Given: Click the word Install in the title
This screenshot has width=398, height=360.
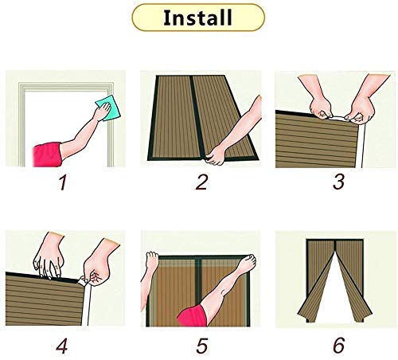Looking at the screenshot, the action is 197,18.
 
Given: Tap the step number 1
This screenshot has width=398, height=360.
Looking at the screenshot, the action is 63,183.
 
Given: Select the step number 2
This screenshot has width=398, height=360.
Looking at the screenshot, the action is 201,182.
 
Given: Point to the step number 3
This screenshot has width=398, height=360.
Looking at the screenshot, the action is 339,182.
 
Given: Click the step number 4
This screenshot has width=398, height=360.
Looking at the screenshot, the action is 62,345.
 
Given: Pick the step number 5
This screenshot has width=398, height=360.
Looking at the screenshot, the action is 201,345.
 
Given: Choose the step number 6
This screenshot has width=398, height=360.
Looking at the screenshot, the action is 339,345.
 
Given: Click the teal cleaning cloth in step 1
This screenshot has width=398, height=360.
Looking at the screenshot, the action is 108,108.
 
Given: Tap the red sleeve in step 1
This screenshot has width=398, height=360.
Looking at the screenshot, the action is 48,155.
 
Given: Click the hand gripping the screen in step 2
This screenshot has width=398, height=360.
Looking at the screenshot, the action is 216,155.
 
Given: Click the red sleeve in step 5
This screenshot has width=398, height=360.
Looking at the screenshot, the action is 192,315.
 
